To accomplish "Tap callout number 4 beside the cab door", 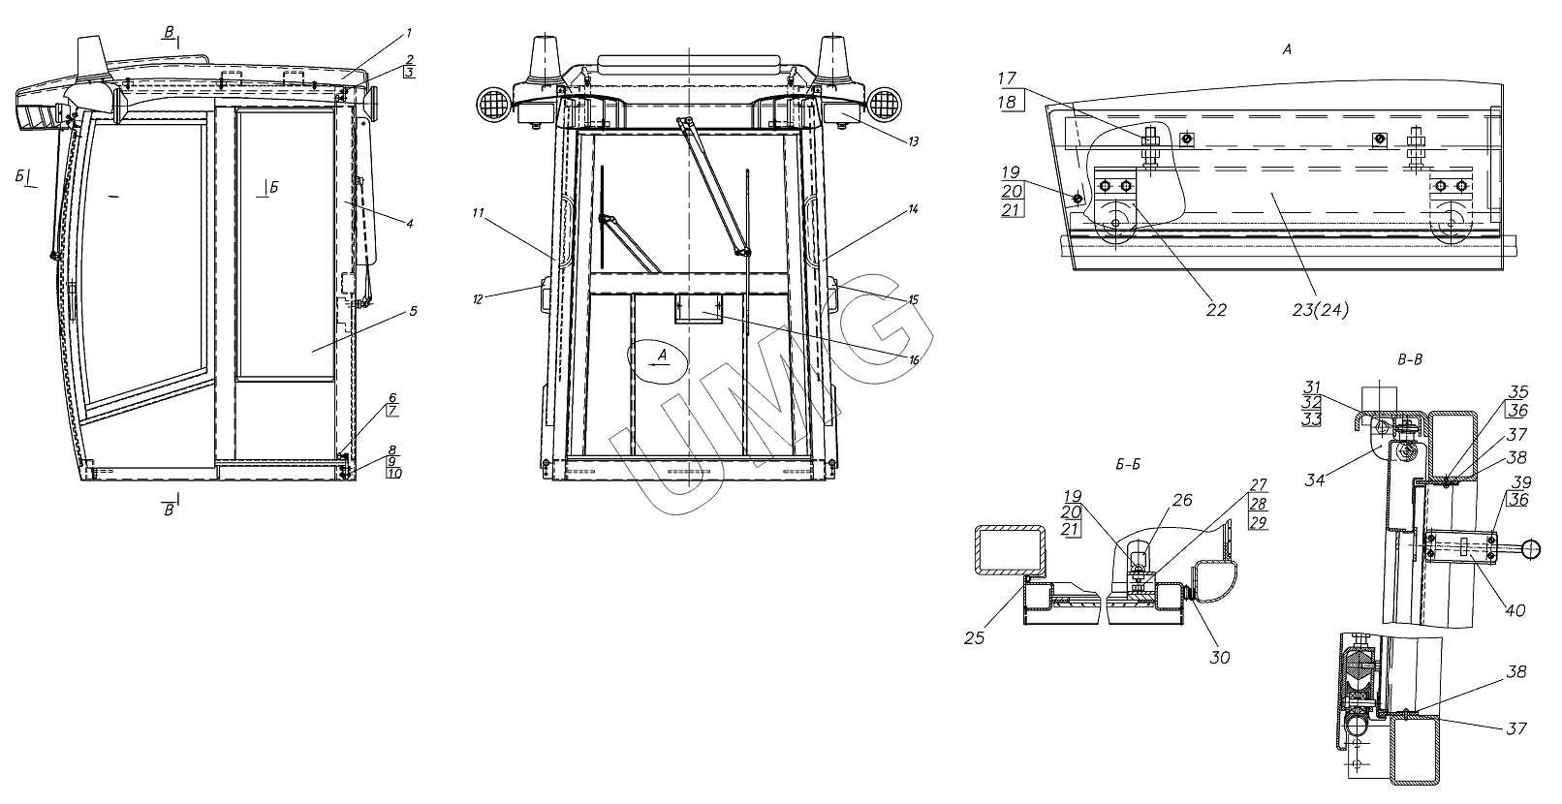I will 410,224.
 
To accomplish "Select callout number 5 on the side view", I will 412,311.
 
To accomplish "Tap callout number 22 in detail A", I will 1216,310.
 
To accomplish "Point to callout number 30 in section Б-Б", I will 1220,657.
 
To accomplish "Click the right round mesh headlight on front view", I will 884,103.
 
